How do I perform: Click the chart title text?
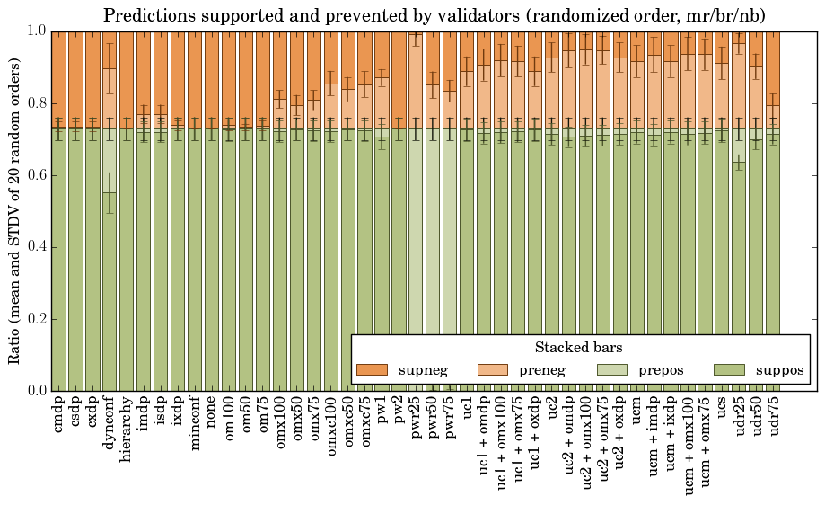(434, 16)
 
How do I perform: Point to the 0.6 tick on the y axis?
(35, 175)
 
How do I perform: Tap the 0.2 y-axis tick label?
(35, 319)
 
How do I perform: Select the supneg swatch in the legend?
(372, 370)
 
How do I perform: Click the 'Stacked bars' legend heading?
(579, 347)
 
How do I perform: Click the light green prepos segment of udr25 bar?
(739, 144)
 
